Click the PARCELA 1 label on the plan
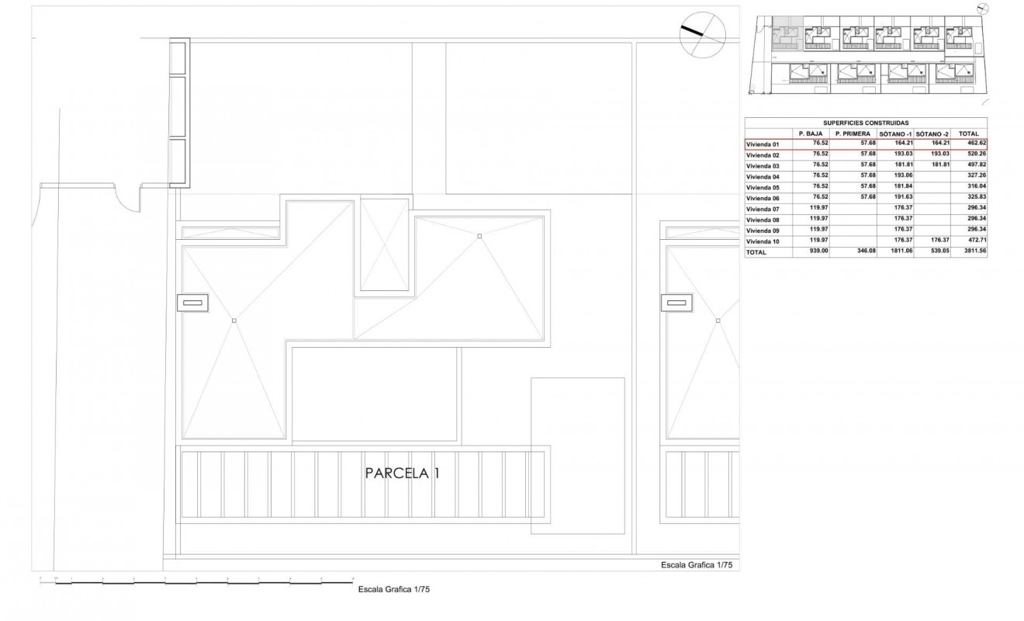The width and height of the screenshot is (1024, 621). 402,473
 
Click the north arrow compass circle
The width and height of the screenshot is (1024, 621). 701,35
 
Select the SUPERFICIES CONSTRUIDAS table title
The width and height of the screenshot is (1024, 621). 866,123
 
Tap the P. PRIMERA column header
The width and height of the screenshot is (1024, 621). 853,134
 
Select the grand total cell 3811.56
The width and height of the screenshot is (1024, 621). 973,252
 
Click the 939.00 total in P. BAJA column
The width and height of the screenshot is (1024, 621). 819,252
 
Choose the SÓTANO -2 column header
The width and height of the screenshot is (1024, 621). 932,134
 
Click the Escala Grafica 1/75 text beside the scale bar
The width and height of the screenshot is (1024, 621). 393,589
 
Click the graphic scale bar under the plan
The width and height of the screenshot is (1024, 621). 196,581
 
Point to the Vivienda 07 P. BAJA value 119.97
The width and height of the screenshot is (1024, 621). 819,209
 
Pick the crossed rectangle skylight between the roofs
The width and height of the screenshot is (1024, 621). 384,246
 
